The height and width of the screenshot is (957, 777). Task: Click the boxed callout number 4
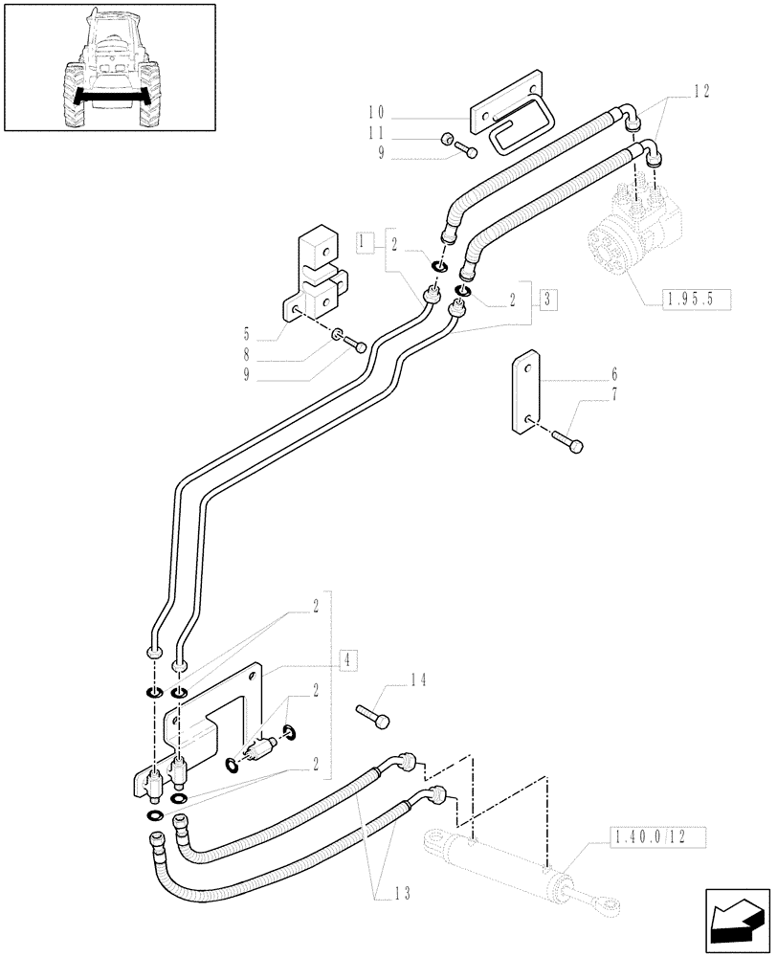click(347, 658)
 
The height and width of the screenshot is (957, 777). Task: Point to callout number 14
click(415, 681)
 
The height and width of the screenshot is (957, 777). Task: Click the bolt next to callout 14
click(373, 714)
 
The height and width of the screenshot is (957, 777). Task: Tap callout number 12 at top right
click(703, 91)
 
